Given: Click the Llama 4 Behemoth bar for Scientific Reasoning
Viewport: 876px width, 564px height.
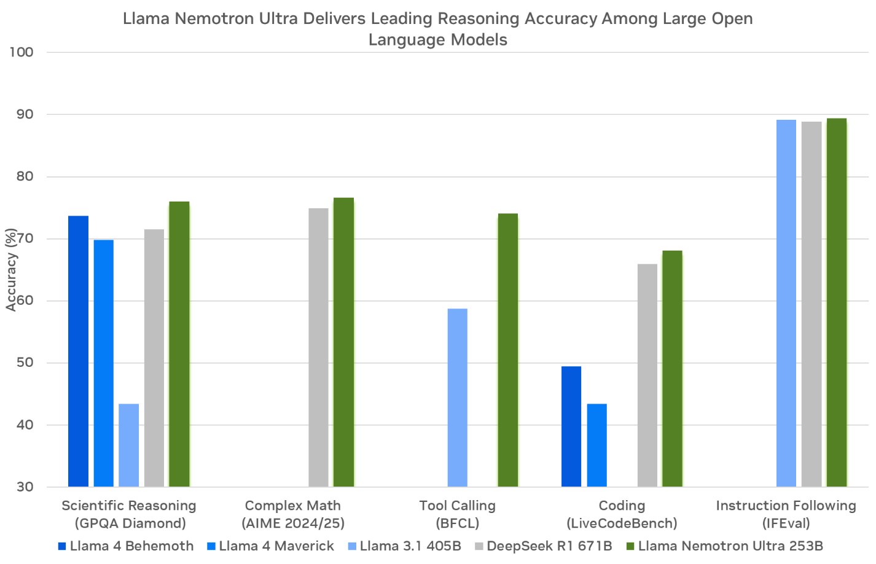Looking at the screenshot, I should [78, 351].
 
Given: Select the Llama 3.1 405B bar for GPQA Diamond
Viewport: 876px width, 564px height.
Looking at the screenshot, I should [128, 445].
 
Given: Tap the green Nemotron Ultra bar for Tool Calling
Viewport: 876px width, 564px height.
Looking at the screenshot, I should [507, 350].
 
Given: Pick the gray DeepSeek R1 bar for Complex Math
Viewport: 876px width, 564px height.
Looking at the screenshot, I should [318, 348].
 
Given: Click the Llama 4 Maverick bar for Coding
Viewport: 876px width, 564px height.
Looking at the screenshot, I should [596, 445].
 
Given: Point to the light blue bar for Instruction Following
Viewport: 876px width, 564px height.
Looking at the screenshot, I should [786, 304].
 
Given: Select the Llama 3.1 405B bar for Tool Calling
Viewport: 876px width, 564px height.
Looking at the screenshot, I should [457, 398].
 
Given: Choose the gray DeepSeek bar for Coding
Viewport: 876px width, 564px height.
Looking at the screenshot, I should [647, 375].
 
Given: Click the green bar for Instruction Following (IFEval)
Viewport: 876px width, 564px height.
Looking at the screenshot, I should [836, 303].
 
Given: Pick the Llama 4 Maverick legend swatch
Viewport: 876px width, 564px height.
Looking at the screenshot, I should [211, 546].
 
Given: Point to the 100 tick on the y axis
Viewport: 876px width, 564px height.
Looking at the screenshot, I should [22, 52].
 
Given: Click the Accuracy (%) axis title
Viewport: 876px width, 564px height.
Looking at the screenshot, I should [11, 270].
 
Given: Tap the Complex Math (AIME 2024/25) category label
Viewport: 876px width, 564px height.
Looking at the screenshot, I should [293, 514].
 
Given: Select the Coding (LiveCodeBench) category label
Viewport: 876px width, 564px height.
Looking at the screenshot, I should [622, 514].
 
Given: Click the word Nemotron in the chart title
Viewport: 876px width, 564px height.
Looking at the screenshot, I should [212, 18].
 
